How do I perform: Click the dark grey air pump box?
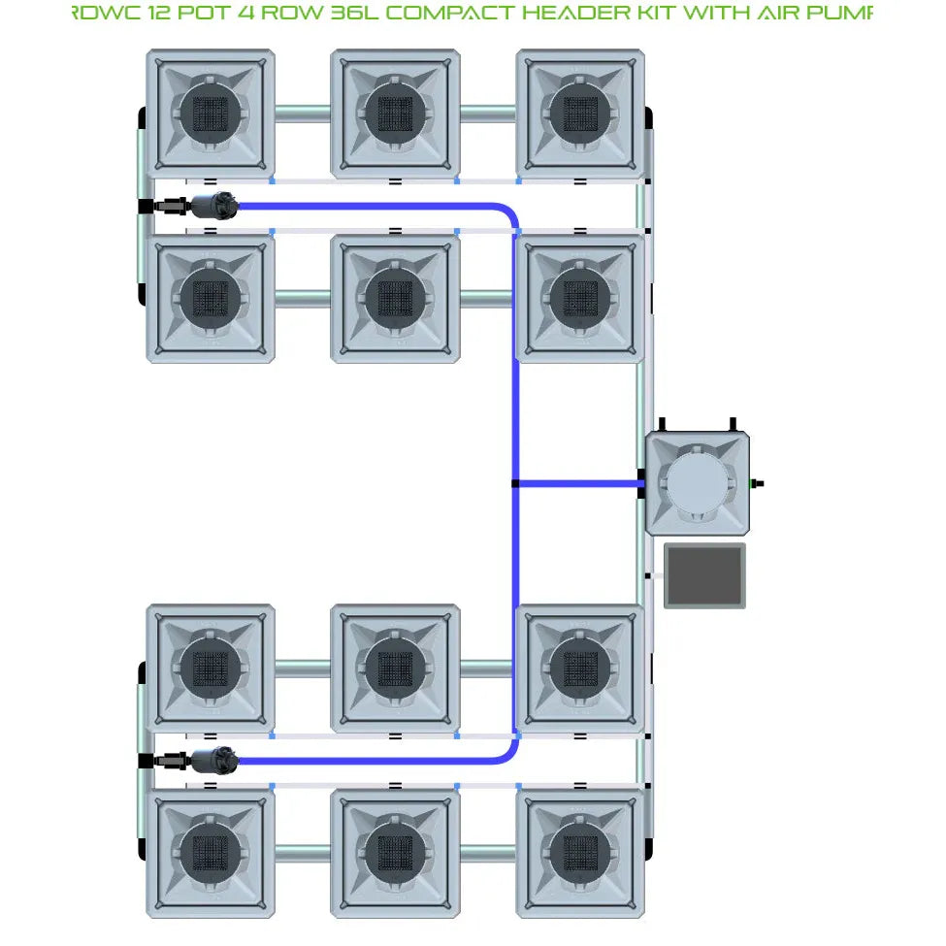(704, 576)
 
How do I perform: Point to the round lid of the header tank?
(698, 482)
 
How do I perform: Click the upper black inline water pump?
(213, 206)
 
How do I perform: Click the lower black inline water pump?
(213, 761)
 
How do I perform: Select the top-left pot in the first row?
(210, 113)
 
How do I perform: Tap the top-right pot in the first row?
(579, 113)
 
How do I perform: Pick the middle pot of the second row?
(394, 298)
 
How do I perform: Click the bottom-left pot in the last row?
(210, 853)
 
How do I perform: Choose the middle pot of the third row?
(394, 668)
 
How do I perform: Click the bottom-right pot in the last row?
(579, 853)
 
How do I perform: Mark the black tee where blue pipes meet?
(515, 483)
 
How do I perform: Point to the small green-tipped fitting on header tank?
(759, 482)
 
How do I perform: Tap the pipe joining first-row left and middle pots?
(302, 113)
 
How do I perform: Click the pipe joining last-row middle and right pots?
(487, 853)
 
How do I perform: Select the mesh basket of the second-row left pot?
(210, 298)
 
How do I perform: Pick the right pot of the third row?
(579, 668)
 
